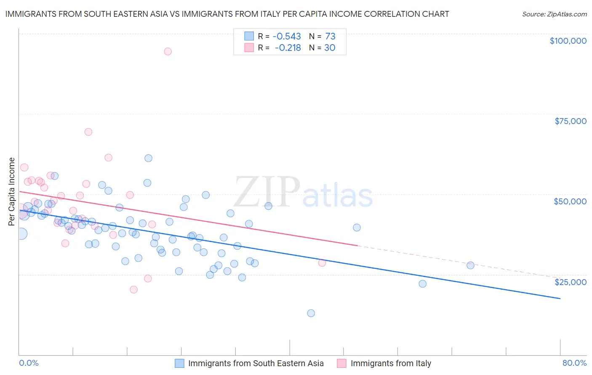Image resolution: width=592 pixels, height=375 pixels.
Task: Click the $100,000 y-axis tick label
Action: click(568, 41)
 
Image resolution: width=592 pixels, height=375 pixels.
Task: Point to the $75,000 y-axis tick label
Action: click(571, 121)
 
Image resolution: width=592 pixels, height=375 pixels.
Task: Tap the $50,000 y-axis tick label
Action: click(570, 201)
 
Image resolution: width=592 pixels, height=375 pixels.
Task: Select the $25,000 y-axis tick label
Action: click(571, 282)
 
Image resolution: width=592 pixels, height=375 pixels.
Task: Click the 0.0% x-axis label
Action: click(29, 363)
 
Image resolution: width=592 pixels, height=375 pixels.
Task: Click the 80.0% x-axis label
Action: click(574, 363)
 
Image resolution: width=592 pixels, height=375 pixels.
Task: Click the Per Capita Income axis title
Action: click(12, 192)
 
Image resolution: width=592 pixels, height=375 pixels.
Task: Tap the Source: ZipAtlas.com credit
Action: click(554, 14)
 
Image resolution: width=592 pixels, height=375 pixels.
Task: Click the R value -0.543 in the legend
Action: click(288, 36)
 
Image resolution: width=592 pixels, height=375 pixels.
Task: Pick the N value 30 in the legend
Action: click(330, 48)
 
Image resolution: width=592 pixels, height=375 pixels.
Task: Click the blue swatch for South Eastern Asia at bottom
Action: click(179, 363)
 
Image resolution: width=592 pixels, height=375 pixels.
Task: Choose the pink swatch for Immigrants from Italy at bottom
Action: click(341, 363)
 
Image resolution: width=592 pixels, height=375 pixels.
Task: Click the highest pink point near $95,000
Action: click(168, 51)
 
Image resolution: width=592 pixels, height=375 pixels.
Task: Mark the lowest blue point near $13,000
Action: click(311, 313)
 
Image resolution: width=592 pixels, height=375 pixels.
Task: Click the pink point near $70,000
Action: click(88, 132)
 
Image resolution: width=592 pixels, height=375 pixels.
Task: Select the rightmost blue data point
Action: click(470, 265)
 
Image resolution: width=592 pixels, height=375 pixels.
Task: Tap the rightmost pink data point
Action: click(322, 263)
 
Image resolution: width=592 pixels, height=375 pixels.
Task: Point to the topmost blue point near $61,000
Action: click(148, 158)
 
